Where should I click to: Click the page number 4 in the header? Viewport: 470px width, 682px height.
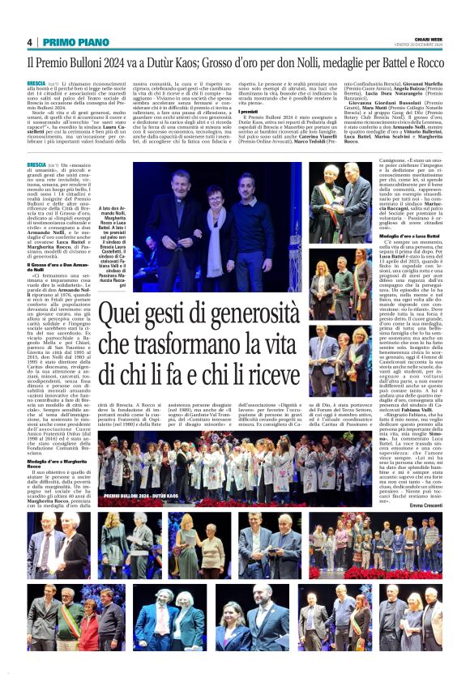pos(30,42)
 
